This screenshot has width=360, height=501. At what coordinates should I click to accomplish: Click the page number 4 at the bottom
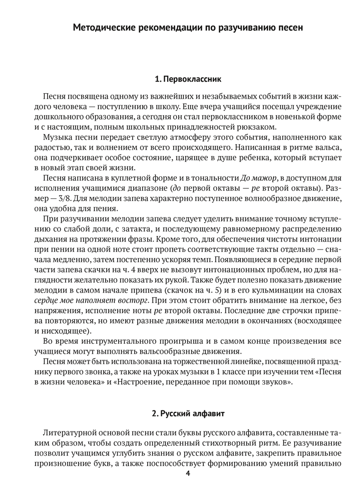coord(188,473)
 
